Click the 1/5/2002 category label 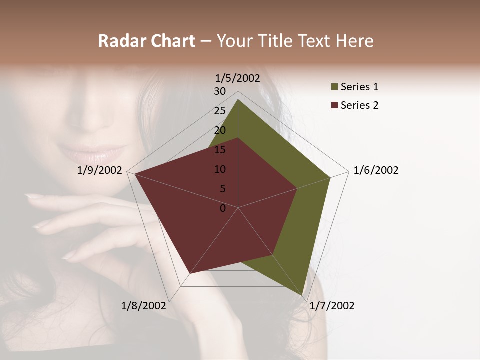(238, 78)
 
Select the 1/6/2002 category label (376, 170)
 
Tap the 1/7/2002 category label (332, 306)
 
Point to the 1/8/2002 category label (144, 306)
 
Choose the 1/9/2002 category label (100, 170)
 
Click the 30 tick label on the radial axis (220, 91)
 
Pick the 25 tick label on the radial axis (220, 111)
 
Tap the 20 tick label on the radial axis (220, 130)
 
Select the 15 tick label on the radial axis (220, 150)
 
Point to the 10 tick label (220, 169)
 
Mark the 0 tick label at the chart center (223, 208)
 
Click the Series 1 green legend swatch (334, 87)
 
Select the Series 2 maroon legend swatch (334, 105)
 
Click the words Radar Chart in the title (146, 41)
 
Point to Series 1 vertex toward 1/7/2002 (303, 294)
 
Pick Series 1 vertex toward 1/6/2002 (330, 178)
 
